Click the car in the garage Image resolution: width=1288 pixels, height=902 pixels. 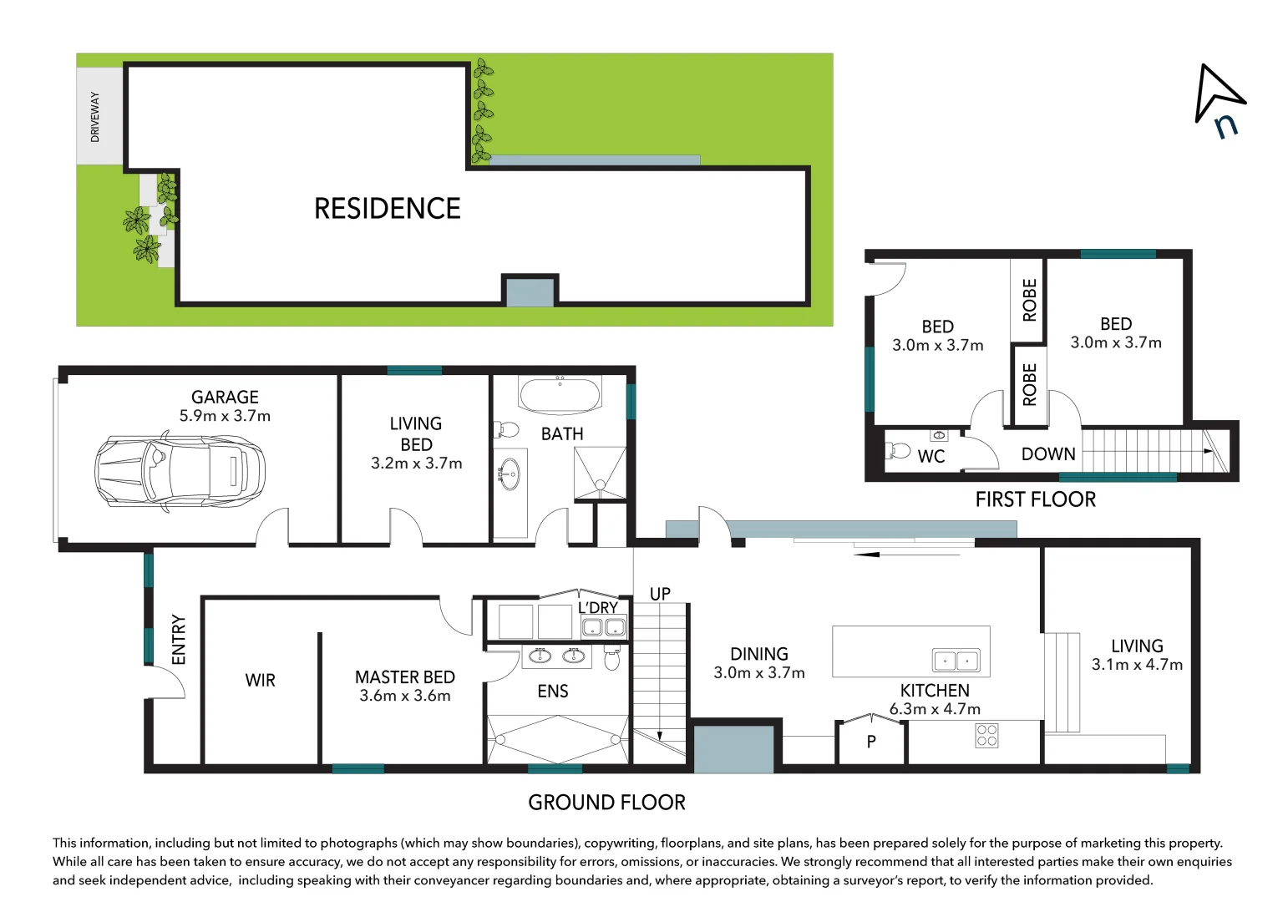(x=180, y=473)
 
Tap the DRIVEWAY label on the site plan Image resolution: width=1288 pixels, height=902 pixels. (x=94, y=116)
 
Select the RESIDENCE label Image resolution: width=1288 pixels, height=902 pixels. (x=387, y=208)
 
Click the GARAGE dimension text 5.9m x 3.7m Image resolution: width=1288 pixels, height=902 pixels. (x=225, y=416)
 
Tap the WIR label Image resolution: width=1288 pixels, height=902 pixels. (x=260, y=681)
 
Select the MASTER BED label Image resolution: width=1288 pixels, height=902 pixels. (x=404, y=676)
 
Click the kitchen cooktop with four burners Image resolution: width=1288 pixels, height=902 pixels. (x=986, y=735)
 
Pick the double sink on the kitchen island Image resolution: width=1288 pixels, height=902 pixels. (x=956, y=661)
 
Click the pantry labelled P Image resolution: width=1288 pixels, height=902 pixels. (x=871, y=741)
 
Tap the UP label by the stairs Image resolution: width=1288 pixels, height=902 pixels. (x=660, y=594)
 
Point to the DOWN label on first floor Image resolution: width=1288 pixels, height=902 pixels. (x=1048, y=454)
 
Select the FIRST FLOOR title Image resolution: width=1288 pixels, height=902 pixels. (x=1035, y=499)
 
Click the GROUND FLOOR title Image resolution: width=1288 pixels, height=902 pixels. (x=606, y=803)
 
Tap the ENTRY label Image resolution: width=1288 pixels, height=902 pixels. (x=179, y=640)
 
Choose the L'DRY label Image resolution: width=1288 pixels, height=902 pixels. (x=598, y=608)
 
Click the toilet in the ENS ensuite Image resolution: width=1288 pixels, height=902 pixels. (x=611, y=660)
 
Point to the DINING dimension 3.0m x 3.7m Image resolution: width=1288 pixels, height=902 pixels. (x=758, y=673)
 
